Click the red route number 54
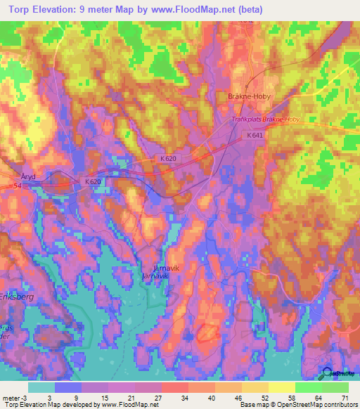[x=16, y=186]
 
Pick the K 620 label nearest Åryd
[x=94, y=182]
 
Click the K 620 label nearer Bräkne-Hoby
[x=168, y=159]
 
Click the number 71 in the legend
[x=345, y=397]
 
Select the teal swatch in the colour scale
[x=42, y=387]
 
